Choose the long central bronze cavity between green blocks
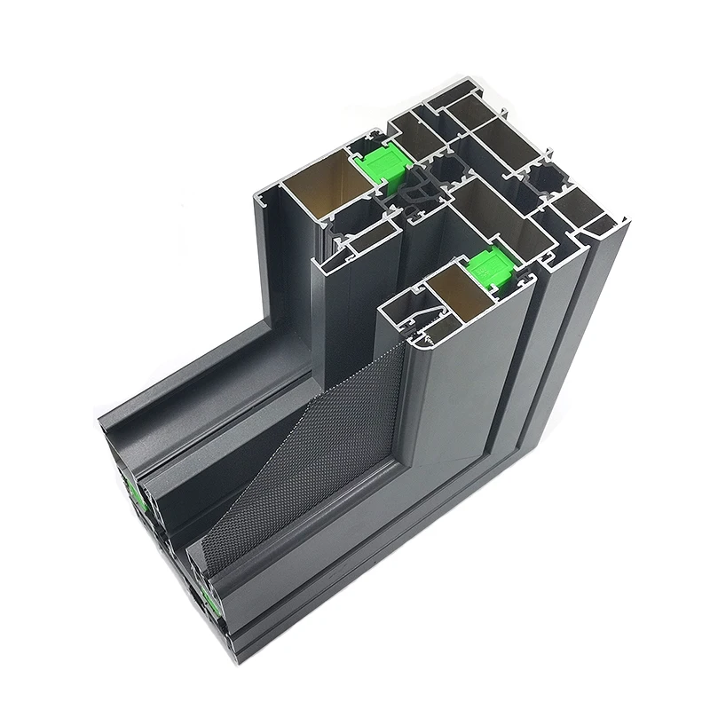pos(497,213)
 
